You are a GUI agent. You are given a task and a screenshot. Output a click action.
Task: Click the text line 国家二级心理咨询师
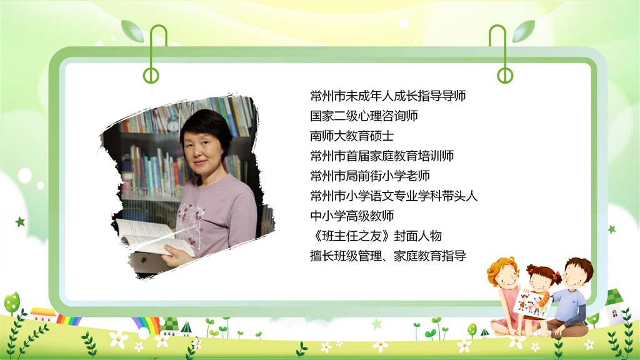[364, 116]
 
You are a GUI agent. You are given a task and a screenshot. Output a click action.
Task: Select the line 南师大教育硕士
[352, 136]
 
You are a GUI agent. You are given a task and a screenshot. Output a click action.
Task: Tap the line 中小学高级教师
[352, 216]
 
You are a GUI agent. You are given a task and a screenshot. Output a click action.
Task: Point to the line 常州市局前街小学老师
[370, 176]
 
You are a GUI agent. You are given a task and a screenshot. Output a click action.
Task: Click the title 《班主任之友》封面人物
[376, 236]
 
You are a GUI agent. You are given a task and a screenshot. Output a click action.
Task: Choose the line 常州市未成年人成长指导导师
[387, 96]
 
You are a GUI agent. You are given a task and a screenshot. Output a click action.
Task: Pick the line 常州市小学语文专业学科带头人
[394, 196]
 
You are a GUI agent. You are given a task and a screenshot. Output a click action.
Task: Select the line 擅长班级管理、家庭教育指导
[387, 256]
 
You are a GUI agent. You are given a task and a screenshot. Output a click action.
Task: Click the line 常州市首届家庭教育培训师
[382, 156]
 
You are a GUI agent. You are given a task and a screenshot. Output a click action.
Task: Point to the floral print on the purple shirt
[190, 224]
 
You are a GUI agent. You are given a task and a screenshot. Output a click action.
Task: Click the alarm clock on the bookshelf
[173, 124]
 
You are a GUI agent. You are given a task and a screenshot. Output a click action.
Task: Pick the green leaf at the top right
[523, 31]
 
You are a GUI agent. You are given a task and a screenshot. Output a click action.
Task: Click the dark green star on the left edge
[20, 222]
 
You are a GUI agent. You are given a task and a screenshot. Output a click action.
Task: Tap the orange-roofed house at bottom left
[43, 315]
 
